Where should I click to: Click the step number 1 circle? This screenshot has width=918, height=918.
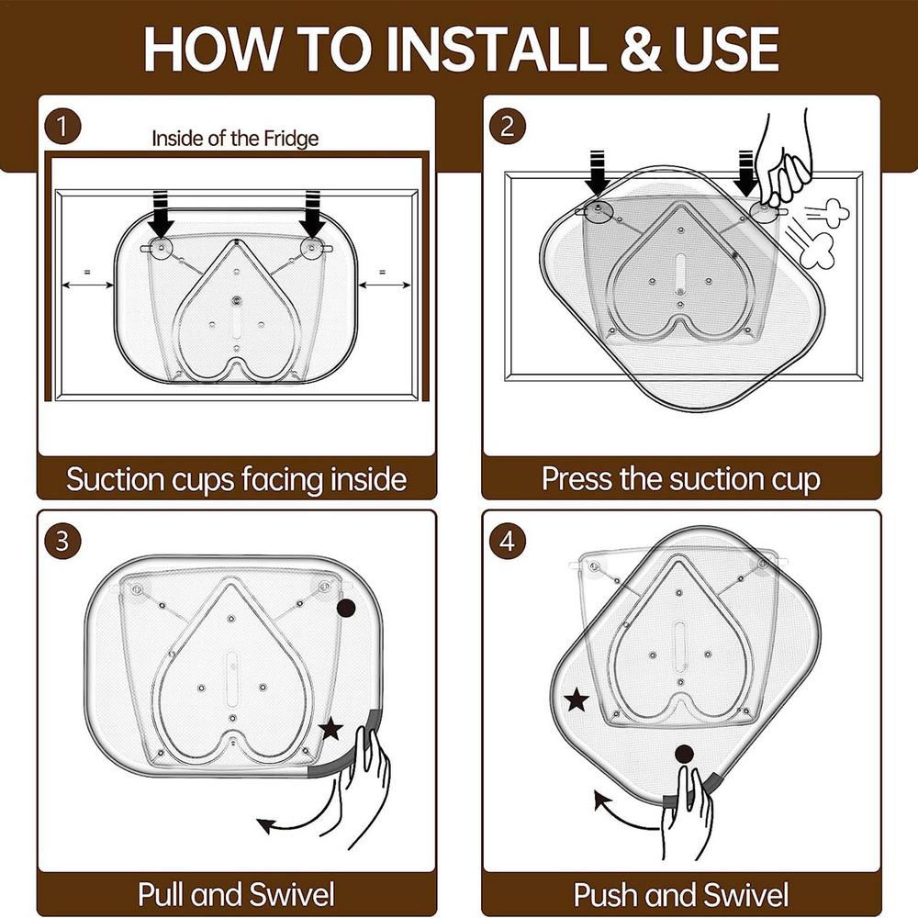[x=62, y=127]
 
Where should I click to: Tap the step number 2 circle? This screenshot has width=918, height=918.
[x=508, y=127]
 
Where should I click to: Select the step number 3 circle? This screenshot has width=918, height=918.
[x=62, y=541]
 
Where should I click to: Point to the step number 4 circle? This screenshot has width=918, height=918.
[x=508, y=541]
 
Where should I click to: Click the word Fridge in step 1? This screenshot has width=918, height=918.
[x=291, y=139]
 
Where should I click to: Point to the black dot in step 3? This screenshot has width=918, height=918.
[x=346, y=609]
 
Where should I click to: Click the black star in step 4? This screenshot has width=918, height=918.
[x=577, y=700]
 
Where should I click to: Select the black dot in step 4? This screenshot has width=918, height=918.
[x=684, y=754]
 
